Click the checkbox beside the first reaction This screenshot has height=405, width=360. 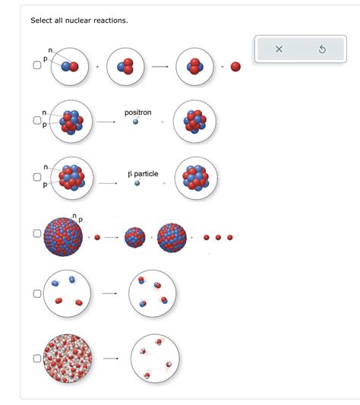coord(36,66)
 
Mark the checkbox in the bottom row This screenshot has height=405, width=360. coord(36,357)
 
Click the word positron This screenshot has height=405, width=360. coord(137,112)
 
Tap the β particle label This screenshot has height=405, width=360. coord(144,174)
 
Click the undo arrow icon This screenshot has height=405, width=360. coord(322,49)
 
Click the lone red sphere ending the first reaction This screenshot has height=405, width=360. coord(235,67)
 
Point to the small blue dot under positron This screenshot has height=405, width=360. coord(136,122)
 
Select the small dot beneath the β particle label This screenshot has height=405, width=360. coord(137,183)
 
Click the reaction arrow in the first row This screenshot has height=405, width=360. coord(159,67)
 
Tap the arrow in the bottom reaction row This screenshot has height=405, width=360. coord(111,357)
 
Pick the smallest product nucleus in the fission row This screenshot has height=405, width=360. coord(134,237)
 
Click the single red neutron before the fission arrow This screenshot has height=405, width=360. coord(97,237)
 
